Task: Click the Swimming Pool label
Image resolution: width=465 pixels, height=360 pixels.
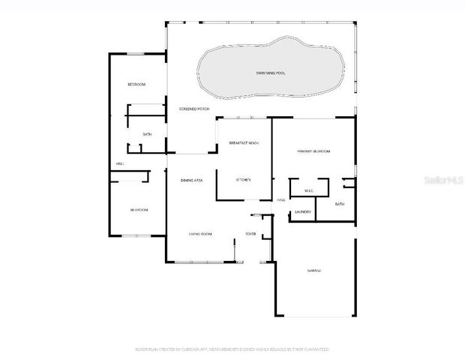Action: pyautogui.click(x=271, y=73)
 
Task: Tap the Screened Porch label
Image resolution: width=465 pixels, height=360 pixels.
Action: pyautogui.click(x=193, y=109)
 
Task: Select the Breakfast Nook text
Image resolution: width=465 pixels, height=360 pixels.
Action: pyautogui.click(x=243, y=142)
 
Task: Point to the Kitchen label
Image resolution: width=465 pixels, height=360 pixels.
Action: pyautogui.click(x=243, y=180)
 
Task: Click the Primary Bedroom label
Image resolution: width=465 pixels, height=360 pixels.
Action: pyautogui.click(x=313, y=151)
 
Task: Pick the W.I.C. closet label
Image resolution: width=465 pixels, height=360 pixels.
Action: pyautogui.click(x=308, y=191)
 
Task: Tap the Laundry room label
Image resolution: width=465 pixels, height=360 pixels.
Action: pyautogui.click(x=303, y=211)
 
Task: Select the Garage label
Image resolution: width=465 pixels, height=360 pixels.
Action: pyautogui.click(x=313, y=270)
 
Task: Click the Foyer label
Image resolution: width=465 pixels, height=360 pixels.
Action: pyautogui.click(x=250, y=234)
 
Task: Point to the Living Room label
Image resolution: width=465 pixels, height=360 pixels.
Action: pyautogui.click(x=199, y=234)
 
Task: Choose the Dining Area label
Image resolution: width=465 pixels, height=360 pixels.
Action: pyautogui.click(x=192, y=181)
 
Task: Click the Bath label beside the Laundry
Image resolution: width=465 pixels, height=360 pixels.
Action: pyautogui.click(x=340, y=204)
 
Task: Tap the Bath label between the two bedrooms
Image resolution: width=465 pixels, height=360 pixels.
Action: pyautogui.click(x=147, y=134)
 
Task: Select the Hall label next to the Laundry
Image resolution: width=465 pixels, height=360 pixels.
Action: pyautogui.click(x=281, y=200)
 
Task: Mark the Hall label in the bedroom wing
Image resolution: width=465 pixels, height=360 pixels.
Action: pyautogui.click(x=119, y=163)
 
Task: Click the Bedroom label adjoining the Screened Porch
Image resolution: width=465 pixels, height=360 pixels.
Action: pyautogui.click(x=136, y=84)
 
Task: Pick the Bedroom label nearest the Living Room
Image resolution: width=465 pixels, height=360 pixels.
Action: pyautogui.click(x=139, y=210)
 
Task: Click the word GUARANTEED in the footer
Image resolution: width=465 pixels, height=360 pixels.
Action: pyautogui.click(x=316, y=349)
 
